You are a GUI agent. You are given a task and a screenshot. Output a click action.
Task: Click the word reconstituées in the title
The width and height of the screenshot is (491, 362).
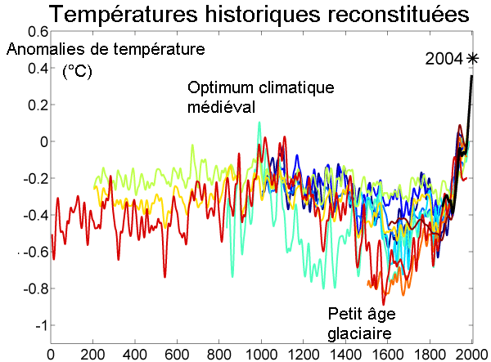coord(390,15)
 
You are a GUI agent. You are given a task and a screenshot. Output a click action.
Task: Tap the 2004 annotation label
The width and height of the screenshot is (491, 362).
coord(444,59)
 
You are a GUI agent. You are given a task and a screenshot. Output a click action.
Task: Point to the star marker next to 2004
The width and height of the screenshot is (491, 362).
coord(472,58)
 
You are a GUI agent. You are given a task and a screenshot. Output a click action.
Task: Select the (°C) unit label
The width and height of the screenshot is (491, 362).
coord(78,72)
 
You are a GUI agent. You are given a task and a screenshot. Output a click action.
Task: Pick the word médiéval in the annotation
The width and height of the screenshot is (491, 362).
coord(222,107)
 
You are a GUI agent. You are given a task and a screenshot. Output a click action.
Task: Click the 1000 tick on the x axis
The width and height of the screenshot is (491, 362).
coord(261,354)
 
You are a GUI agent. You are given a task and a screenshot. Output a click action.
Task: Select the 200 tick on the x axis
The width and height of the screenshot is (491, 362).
coord(93,354)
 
